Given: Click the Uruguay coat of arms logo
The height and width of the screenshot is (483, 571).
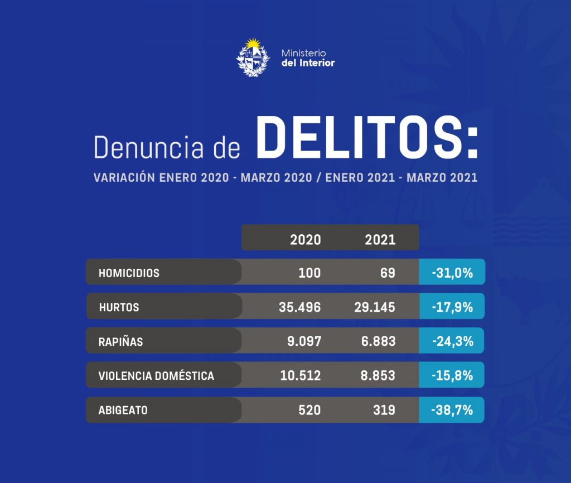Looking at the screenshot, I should (253, 57).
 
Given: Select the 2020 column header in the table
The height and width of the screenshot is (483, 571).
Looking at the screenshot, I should (306, 239).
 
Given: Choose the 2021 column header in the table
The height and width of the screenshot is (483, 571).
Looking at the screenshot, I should (380, 239).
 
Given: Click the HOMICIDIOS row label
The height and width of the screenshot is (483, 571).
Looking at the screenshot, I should (129, 273).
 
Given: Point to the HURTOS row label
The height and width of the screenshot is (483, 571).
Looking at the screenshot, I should (119, 307).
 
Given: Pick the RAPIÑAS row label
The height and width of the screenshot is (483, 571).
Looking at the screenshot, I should (120, 342).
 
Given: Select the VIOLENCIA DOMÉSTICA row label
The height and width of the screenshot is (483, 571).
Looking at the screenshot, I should (156, 376).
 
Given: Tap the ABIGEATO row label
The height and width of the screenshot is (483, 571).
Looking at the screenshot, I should (123, 410).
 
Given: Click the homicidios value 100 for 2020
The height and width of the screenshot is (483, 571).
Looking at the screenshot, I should (309, 273).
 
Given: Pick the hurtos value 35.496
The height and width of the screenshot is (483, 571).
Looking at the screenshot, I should (300, 307).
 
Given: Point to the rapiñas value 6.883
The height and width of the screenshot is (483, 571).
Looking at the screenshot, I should (378, 341).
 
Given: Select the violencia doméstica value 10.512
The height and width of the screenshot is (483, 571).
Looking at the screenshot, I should (301, 376).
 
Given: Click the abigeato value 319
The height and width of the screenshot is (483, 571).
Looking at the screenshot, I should (384, 410).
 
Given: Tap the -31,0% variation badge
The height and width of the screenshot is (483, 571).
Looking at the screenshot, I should (452, 273).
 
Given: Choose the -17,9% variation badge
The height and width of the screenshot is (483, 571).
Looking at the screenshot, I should (452, 307).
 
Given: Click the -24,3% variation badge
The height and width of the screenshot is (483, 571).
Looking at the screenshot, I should (452, 341).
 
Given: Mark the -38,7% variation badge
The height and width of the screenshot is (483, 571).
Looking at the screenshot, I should (452, 410).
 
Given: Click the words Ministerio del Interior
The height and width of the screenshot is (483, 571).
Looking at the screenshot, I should (308, 57).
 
